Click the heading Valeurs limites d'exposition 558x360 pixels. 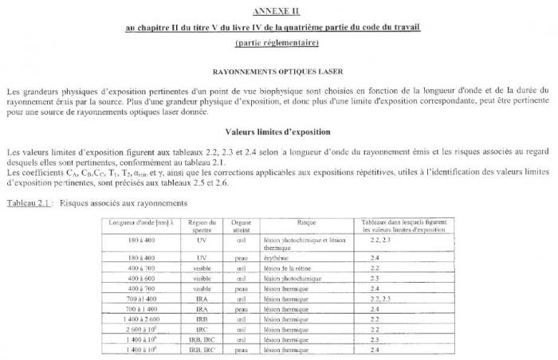[x=278, y=131]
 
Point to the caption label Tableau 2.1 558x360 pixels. [x=29, y=203]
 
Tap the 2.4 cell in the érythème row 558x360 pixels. [x=375, y=258]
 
